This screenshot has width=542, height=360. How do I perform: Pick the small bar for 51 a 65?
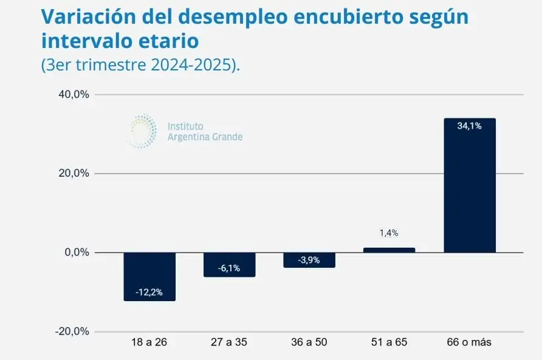[x=389, y=250]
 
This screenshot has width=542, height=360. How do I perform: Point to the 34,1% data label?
[x=470, y=126]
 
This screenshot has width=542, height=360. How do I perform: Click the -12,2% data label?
[x=149, y=292]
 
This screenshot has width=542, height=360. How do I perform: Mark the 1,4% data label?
[x=389, y=233]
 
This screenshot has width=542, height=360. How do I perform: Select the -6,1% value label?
[x=229, y=268]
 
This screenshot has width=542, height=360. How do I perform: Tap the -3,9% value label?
[x=309, y=260]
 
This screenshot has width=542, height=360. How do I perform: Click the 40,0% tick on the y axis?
[x=74, y=94]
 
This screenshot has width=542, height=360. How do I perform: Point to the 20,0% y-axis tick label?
[x=74, y=173]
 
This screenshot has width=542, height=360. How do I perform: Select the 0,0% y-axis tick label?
[x=77, y=253]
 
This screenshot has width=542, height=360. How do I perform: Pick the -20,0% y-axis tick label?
[x=72, y=331]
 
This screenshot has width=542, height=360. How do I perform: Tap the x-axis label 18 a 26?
[x=149, y=342]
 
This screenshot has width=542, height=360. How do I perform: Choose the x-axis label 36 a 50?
[x=309, y=342]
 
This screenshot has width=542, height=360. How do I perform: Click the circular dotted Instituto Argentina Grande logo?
[x=143, y=131]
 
